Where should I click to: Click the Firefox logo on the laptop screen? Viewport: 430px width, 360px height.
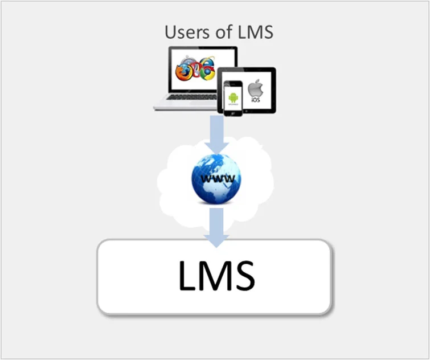tap(183, 73)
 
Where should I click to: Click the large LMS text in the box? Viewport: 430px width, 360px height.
tap(216, 276)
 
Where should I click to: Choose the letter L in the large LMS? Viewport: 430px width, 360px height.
tap(186, 276)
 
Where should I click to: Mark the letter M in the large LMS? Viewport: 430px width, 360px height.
tap(215, 276)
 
